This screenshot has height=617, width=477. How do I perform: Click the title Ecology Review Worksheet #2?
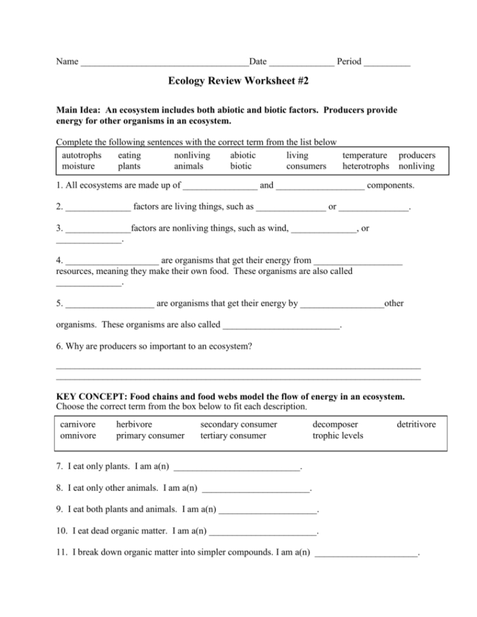[x=238, y=81]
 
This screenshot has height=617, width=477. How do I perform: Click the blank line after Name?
[x=164, y=63]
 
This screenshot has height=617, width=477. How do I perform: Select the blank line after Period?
[x=387, y=63]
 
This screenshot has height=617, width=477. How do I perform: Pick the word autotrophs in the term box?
[x=82, y=155]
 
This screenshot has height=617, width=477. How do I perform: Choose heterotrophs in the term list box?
[x=366, y=167]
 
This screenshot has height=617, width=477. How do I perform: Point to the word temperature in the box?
[x=364, y=155]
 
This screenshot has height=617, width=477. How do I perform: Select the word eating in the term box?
[x=130, y=155]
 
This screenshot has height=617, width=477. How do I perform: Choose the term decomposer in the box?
[x=335, y=424]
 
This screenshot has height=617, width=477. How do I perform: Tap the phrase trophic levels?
[x=338, y=436]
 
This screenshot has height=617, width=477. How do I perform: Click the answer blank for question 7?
[x=236, y=469]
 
